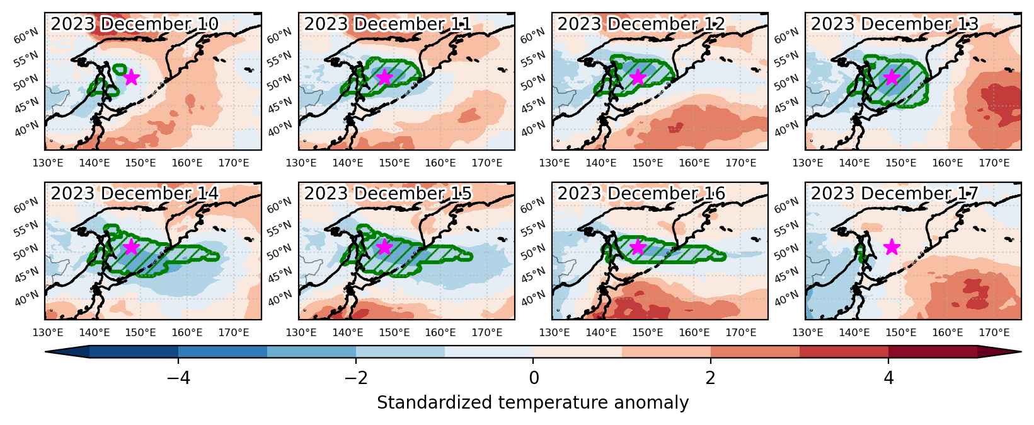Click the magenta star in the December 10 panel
coord(132,77)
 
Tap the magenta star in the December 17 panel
coord(892,247)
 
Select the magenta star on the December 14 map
coord(132,247)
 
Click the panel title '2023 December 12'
coord(641,24)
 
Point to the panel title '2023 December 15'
coord(388,194)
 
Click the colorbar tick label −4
coord(178,378)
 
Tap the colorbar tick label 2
coord(711,378)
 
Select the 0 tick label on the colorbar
coord(534,378)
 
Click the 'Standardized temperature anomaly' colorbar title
coord(532,403)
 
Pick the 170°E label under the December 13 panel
coord(994,163)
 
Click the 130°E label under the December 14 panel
coord(48,332)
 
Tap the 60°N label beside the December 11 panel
coord(279,35)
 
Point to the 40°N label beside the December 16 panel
coord(532,298)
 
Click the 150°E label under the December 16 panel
coord(648,332)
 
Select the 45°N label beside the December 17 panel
coord(786,276)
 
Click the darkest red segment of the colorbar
coord(933,352)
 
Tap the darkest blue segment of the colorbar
coord(134,352)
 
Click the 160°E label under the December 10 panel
coord(187,163)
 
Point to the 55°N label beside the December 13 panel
coord(786,59)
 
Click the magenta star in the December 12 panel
coord(638,77)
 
